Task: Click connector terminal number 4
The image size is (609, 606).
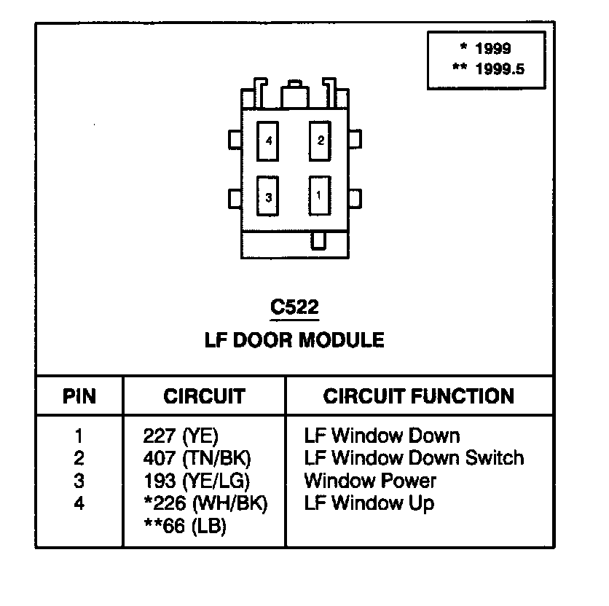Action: click(x=267, y=141)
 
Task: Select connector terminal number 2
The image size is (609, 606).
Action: click(x=320, y=141)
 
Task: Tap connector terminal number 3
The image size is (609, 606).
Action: click(x=267, y=196)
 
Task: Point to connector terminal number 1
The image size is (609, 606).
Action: click(x=320, y=195)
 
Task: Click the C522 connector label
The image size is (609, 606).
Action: click(x=294, y=307)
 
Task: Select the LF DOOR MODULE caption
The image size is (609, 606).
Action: click(x=294, y=340)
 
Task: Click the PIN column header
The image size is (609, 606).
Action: click(x=79, y=396)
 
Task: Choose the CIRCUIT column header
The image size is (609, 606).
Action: click(x=204, y=396)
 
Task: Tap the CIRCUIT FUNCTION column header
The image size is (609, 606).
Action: click(x=419, y=396)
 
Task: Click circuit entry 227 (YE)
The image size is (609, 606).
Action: click(x=181, y=436)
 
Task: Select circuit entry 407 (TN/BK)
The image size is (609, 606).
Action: click(x=197, y=458)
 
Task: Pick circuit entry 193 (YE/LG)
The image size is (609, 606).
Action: click(x=197, y=481)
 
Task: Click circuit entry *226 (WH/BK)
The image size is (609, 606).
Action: click(x=205, y=503)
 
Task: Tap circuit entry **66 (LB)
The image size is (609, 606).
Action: click(x=185, y=526)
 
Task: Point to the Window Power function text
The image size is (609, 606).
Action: click(x=370, y=481)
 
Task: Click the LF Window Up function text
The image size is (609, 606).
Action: click(x=369, y=504)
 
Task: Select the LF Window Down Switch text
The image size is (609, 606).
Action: click(x=414, y=458)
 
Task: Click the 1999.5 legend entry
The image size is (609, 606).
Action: click(x=489, y=69)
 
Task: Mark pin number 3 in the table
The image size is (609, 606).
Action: click(x=79, y=481)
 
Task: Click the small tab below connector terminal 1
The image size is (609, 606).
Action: click(x=318, y=241)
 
